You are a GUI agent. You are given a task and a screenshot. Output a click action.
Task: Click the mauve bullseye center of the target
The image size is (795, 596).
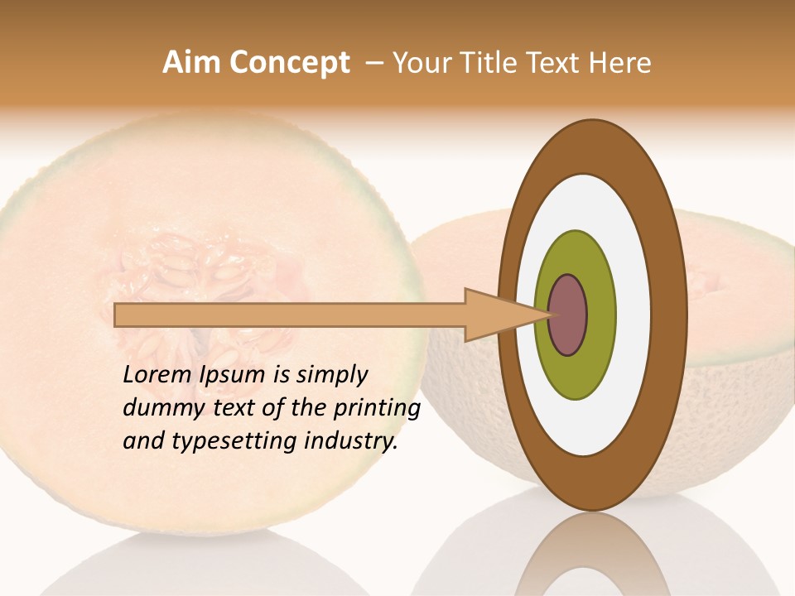coord(568,315)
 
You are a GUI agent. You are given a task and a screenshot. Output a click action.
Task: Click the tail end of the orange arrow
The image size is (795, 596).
coord(117,315)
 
